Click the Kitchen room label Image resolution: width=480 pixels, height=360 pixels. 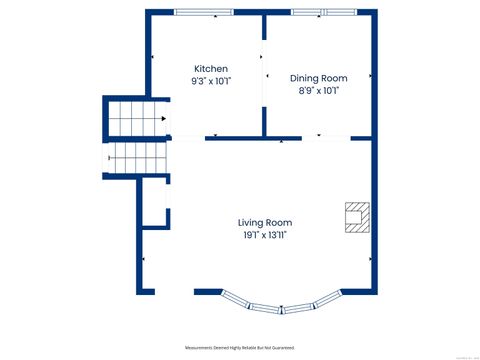[x=210, y=69]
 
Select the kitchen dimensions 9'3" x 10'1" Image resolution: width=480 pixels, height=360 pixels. [x=210, y=81]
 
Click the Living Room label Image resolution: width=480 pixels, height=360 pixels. [x=265, y=222]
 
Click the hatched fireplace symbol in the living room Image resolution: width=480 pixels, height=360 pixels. [x=357, y=216]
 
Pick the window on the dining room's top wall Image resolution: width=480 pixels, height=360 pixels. [x=322, y=13]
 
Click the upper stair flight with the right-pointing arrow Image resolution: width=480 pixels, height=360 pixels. [x=136, y=117]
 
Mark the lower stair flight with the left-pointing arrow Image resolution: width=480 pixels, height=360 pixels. [x=136, y=156]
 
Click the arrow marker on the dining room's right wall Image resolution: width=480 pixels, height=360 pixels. [x=371, y=75]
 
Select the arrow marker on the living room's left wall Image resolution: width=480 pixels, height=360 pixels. [x=146, y=259]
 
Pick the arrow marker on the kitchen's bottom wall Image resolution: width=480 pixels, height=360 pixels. [x=216, y=135]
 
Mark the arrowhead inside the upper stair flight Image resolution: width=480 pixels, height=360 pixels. [x=163, y=117]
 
